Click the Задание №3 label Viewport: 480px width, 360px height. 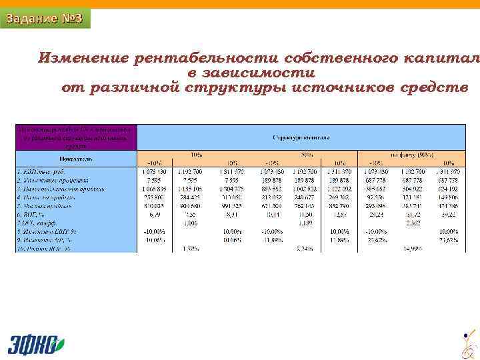[45, 18]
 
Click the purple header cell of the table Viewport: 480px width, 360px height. [76, 137]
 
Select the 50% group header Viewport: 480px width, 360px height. [308, 154]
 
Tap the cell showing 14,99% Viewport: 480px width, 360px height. [411, 248]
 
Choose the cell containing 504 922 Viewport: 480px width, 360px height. [411, 188]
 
